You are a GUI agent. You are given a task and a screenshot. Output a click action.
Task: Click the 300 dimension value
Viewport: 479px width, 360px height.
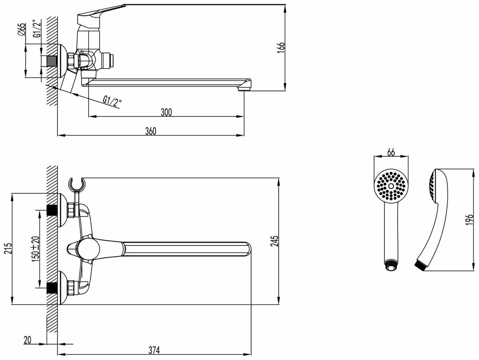click(166, 112)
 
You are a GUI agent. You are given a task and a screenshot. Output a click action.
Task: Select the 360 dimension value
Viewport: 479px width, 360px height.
click(151, 131)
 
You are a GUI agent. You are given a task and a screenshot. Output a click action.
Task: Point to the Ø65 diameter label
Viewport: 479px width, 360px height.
click(23, 30)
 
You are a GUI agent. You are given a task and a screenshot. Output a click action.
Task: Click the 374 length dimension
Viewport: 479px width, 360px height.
click(154, 349)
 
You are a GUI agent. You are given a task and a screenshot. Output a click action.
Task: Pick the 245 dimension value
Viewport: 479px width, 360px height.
click(275, 241)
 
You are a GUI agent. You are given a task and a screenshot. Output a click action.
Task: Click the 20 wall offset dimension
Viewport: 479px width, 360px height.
click(27, 340)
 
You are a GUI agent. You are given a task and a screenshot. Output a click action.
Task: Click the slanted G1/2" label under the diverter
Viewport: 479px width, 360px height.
click(112, 102)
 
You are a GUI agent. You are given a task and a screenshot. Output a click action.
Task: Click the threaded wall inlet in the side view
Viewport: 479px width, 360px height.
click(51, 61)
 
